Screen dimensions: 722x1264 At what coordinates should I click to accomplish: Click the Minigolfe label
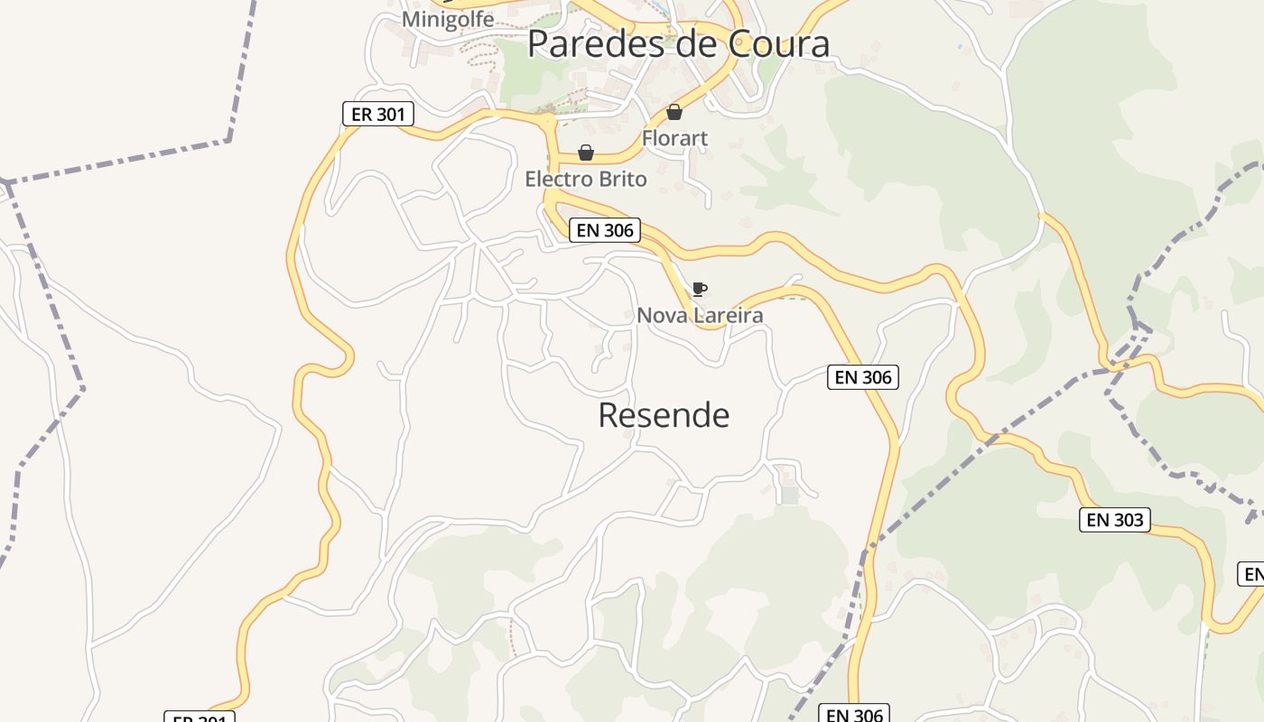448,19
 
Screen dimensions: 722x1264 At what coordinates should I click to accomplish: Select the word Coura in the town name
778,43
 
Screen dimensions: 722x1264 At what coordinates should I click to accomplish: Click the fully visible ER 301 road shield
378,114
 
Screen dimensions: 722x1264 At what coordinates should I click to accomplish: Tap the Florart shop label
674,138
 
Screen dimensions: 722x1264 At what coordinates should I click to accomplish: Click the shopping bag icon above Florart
674,112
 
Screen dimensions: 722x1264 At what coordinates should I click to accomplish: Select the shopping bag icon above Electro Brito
586,153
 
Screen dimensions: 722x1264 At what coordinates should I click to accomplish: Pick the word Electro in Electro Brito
559,179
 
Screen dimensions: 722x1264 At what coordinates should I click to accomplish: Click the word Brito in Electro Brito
623,179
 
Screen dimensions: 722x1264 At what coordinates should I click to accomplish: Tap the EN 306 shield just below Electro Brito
605,230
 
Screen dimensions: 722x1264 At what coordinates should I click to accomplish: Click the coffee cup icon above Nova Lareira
699,289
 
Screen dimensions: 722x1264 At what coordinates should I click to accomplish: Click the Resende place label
664,415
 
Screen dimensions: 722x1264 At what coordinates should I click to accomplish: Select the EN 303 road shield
1115,519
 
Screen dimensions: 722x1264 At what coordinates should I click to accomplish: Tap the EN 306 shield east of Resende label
863,377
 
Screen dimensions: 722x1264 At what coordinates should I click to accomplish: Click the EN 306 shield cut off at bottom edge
854,714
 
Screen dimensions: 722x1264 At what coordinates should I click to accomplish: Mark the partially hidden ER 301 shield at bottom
200,717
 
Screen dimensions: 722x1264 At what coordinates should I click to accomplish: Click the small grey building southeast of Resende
790,495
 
